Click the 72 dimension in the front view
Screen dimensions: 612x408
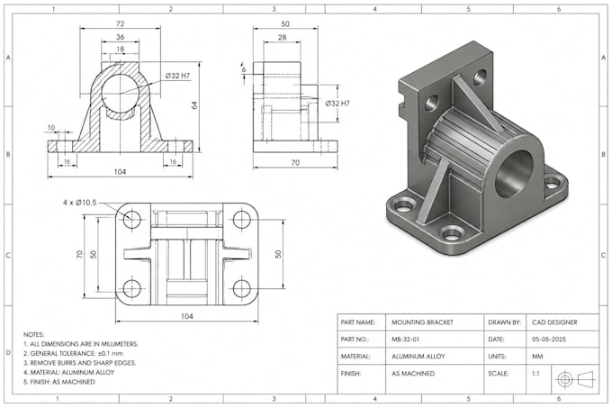click(121, 23)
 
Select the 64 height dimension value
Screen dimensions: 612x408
click(194, 105)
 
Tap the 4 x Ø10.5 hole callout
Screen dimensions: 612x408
click(79, 203)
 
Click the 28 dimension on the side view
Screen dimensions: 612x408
click(283, 38)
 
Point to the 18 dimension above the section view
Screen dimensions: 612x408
click(121, 50)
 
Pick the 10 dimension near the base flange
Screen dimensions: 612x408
click(51, 128)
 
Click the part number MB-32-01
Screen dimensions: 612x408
click(406, 340)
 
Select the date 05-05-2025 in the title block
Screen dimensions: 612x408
click(549, 340)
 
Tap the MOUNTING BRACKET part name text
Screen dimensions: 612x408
click(422, 322)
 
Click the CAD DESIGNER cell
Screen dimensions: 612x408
click(554, 322)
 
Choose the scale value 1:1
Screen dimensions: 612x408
click(535, 373)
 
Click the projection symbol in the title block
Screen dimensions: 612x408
click(577, 378)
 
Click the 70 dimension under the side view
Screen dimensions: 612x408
click(295, 162)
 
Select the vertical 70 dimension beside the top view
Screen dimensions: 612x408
click(79, 255)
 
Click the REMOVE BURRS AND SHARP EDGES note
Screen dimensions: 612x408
click(79, 363)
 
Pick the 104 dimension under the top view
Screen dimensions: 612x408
click(187, 316)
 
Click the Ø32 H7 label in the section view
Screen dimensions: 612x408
click(177, 76)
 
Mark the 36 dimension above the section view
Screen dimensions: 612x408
click(121, 37)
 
